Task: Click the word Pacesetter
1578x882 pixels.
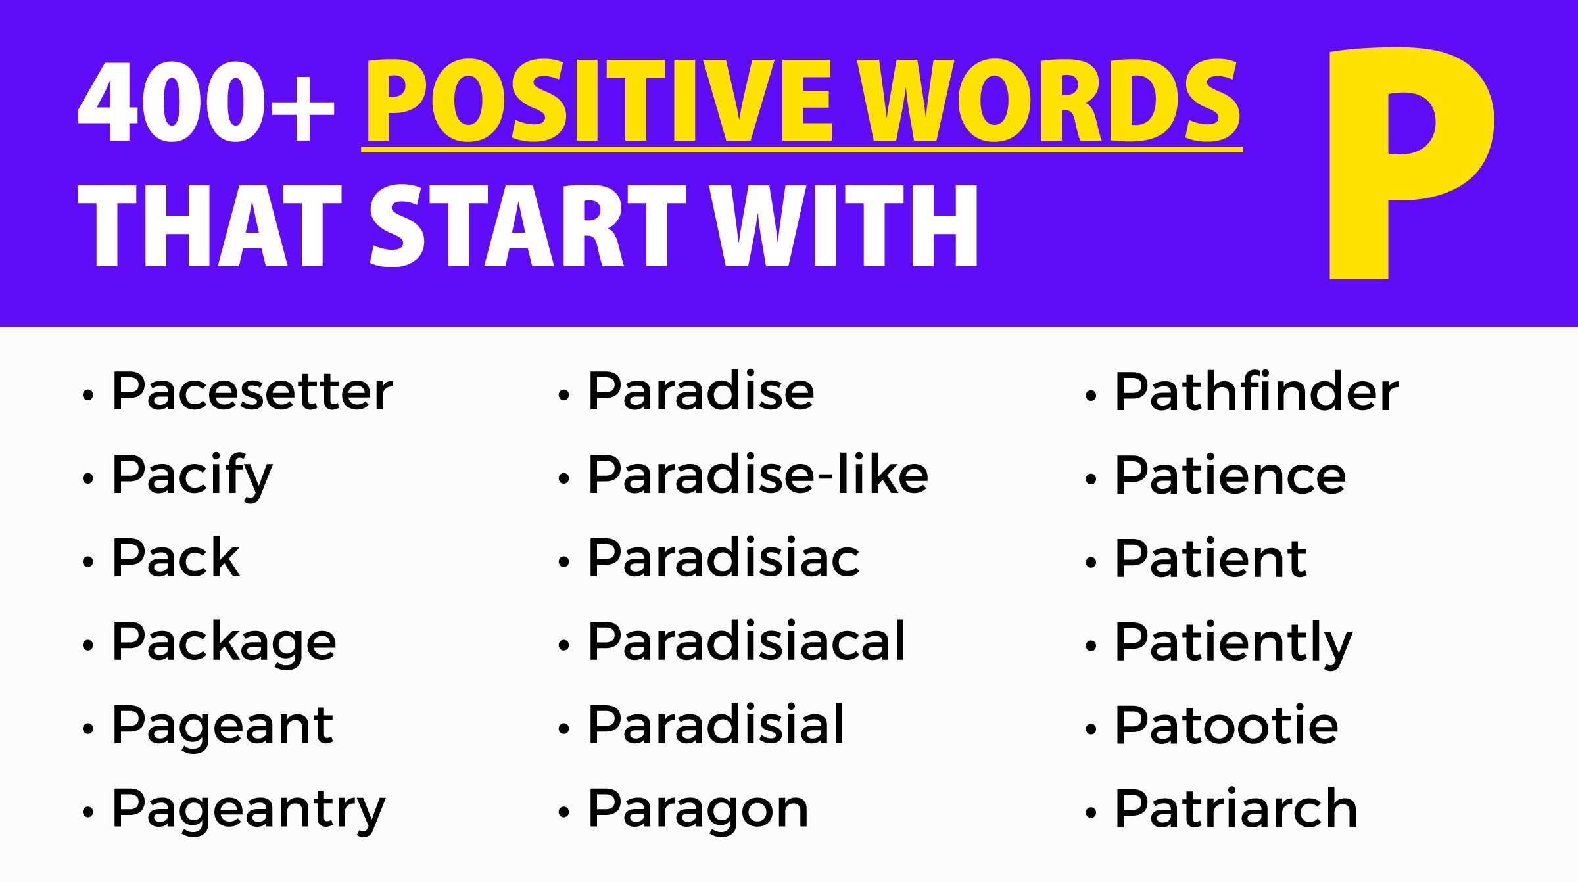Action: (x=252, y=392)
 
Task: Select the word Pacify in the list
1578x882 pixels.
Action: (x=191, y=475)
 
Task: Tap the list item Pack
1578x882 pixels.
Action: (x=176, y=559)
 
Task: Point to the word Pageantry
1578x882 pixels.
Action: (x=249, y=810)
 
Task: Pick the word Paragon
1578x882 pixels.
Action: (x=698, y=810)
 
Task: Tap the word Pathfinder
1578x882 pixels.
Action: (x=1256, y=392)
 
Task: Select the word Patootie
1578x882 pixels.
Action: (x=1226, y=726)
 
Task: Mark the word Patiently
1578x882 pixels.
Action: (x=1233, y=643)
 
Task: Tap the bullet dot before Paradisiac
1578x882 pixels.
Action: (x=563, y=562)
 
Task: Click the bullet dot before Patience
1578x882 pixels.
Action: (x=1091, y=478)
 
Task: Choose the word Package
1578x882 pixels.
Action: (x=224, y=643)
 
